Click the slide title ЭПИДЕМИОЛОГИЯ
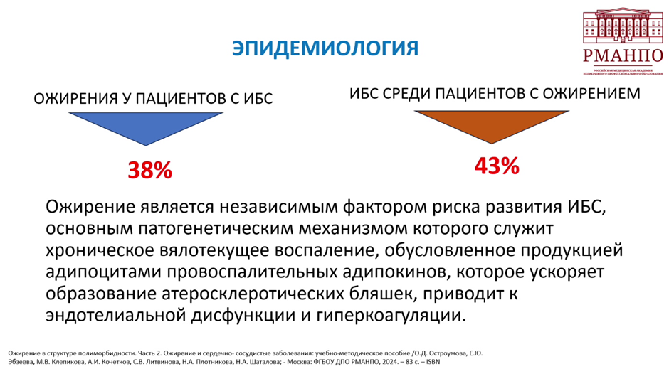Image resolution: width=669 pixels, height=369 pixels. click(325, 48)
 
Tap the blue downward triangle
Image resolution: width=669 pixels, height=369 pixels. click(145, 126)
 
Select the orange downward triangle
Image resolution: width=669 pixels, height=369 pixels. click(492, 124)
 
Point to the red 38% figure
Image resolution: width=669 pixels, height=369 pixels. click(149, 170)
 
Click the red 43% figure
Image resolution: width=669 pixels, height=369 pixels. click(497, 166)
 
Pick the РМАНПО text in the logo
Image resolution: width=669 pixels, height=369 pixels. click(623, 56)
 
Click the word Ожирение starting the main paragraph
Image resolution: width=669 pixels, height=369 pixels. click(90, 208)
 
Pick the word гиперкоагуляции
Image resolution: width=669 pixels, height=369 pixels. click(391, 316)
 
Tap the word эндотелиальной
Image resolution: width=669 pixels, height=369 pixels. click(115, 316)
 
